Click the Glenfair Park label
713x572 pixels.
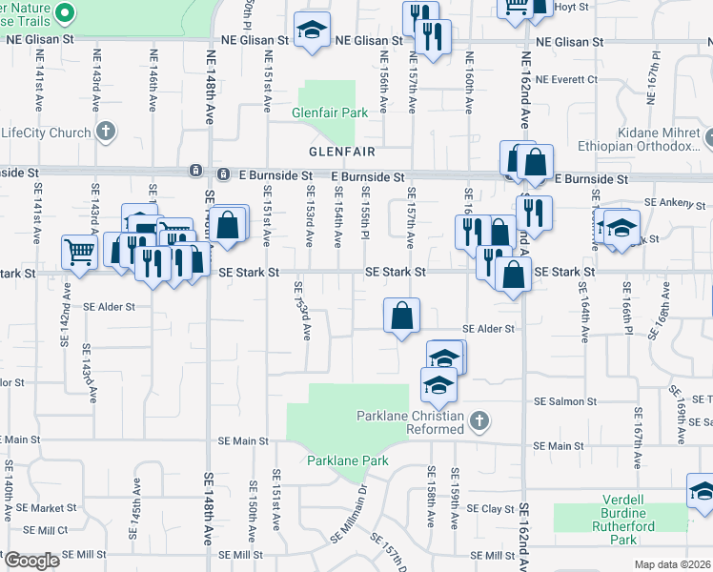(330, 113)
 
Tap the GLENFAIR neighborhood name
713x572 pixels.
(340, 152)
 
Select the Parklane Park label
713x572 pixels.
(348, 460)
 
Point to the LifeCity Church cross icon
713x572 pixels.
(106, 131)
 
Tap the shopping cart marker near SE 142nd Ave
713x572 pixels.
(80, 253)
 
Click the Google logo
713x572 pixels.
(31, 561)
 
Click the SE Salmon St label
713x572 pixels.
(565, 403)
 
